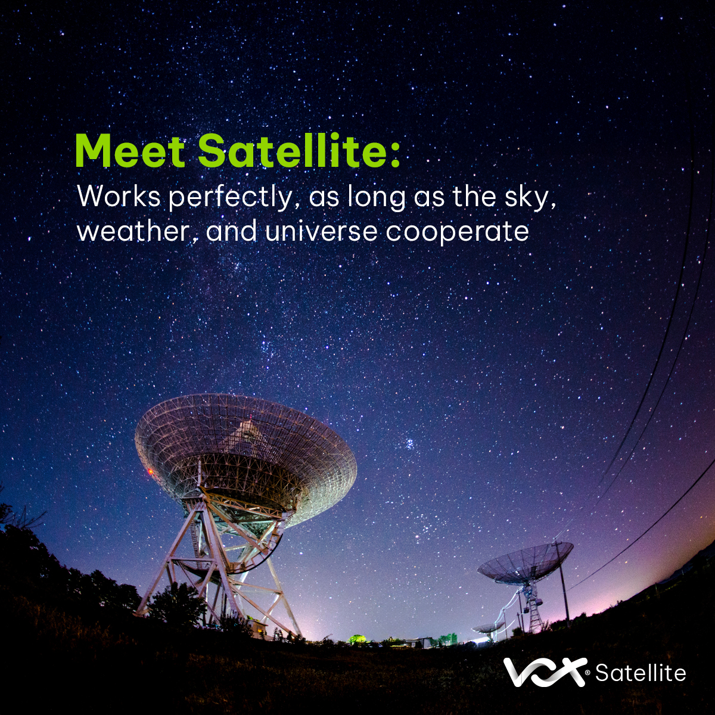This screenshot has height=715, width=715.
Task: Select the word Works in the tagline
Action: [119, 197]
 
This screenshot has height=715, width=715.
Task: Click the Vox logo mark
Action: [543, 672]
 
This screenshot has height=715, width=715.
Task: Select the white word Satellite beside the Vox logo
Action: [641, 673]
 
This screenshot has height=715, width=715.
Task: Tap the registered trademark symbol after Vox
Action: [588, 673]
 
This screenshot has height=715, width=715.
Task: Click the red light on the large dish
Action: [150, 471]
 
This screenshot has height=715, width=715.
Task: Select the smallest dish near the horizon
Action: [488, 627]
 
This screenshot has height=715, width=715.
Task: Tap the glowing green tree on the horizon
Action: [356, 639]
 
